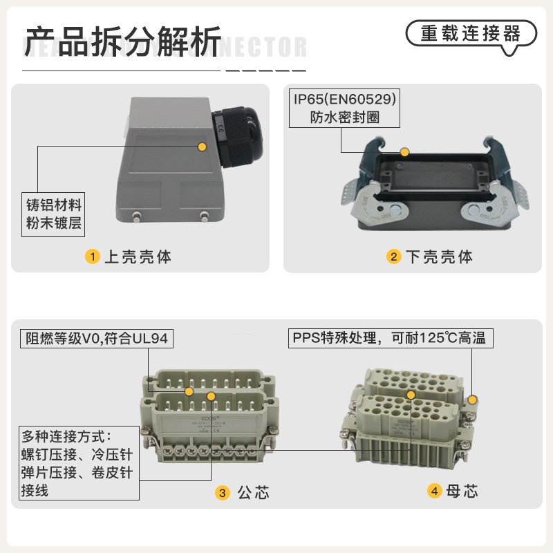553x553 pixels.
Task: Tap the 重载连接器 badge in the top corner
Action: pos(470,33)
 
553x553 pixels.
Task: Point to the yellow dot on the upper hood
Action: pos(203,147)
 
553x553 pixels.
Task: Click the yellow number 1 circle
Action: pos(91,257)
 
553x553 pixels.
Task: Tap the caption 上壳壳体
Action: pos(138,257)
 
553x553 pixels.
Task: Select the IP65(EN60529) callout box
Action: pos(345,107)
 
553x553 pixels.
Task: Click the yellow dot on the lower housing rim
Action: pos(406,151)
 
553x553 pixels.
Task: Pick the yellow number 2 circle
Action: pos(393,257)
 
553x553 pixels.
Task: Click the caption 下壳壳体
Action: pos(439,257)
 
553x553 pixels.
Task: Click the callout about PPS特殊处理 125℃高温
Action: pos(390,338)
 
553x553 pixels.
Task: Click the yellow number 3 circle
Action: pos(222,492)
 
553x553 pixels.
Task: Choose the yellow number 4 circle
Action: pos(434,491)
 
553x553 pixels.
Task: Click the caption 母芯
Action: pos(462,491)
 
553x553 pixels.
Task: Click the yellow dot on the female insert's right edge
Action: pos(473,400)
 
